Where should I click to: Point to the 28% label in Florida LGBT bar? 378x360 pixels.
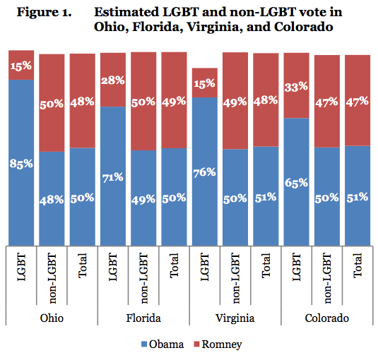click(113, 79)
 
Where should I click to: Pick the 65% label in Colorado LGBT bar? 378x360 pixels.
click(297, 182)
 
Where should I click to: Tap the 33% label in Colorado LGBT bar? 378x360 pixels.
click(297, 86)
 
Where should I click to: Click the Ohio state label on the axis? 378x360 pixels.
click(52, 318)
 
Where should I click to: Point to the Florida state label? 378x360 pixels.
click(143, 318)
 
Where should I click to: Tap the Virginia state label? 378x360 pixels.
click(235, 318)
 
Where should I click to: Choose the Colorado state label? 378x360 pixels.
click(327, 318)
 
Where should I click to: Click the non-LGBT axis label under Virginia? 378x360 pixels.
click(235, 276)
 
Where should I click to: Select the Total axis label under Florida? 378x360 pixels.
click(174, 276)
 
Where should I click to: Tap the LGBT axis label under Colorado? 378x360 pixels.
click(297, 276)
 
